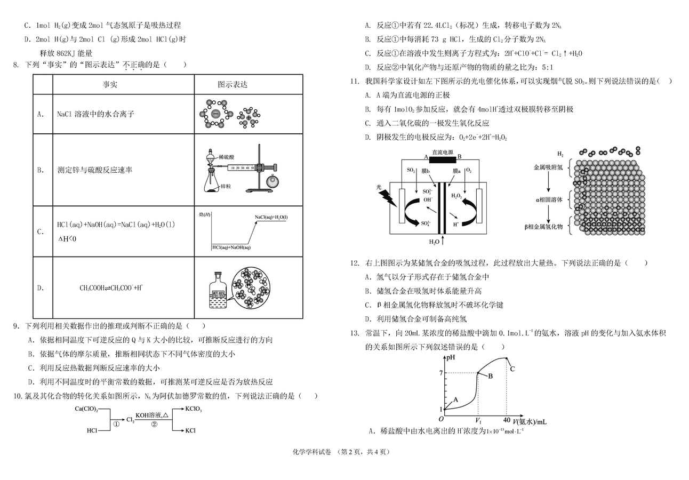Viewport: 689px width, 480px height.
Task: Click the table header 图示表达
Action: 233,84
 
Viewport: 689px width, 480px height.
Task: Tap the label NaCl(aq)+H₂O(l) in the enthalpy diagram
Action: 271,217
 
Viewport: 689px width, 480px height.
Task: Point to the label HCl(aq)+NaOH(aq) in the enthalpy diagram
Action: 231,247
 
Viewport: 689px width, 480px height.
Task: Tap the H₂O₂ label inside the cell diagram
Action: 456,196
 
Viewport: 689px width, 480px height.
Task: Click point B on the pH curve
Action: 490,376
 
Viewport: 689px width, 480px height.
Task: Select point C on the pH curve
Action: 512,369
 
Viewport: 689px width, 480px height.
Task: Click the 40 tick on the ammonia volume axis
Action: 507,420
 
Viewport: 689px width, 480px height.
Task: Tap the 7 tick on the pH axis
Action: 441,372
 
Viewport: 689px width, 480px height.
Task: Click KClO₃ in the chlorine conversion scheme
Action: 193,409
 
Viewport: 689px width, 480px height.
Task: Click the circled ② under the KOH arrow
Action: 154,425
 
